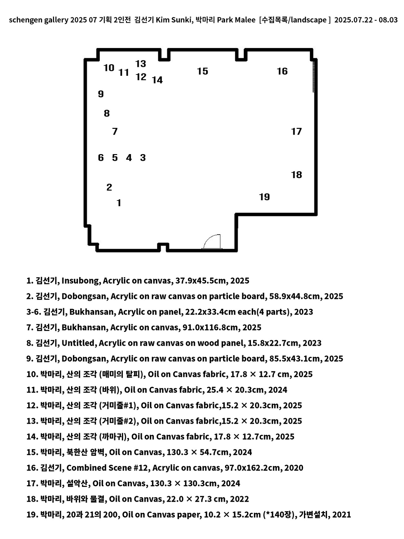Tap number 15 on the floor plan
(203, 71)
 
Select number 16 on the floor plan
(282, 71)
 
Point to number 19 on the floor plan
(264, 197)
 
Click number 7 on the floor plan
(115, 131)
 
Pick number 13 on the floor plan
(141, 64)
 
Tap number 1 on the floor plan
(119, 203)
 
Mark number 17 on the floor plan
(296, 131)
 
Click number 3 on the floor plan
(143, 158)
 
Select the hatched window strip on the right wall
(313, 76)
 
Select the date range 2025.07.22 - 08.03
(366, 20)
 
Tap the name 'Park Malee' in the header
(236, 20)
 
